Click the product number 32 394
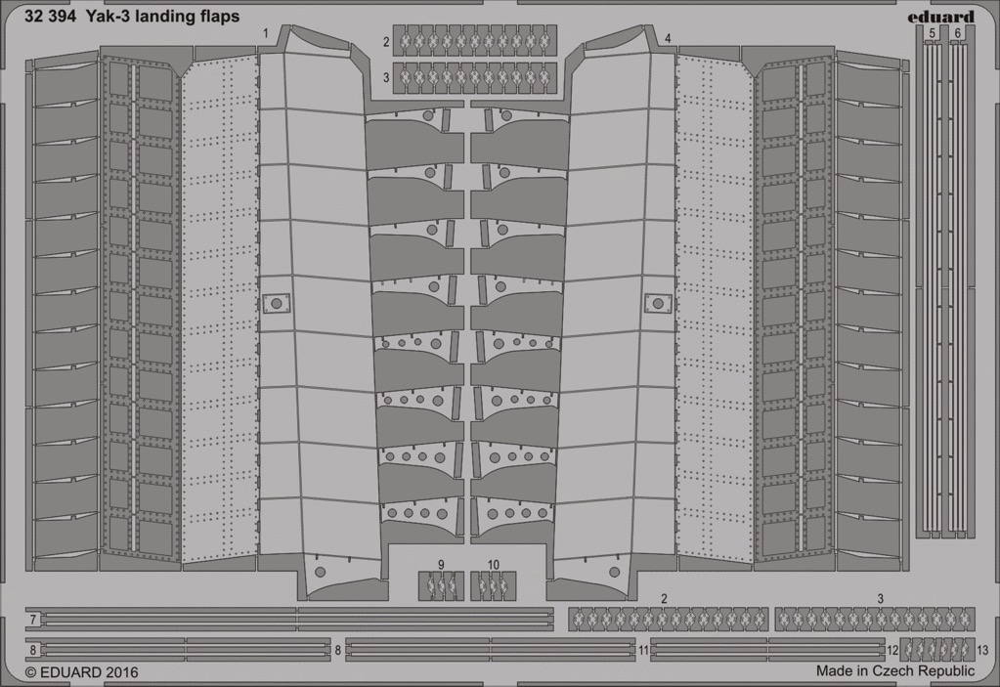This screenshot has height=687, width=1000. pyautogui.click(x=51, y=17)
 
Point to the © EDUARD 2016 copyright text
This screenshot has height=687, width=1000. pyautogui.click(x=82, y=671)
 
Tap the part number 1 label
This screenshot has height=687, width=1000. pyautogui.click(x=265, y=33)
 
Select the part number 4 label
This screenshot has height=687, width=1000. pyautogui.click(x=668, y=39)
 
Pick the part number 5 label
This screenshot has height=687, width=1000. pyautogui.click(x=933, y=33)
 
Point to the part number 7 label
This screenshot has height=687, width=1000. pyautogui.click(x=32, y=620)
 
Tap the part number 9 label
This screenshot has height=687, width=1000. pyautogui.click(x=441, y=565)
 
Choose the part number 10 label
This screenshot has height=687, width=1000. pyautogui.click(x=494, y=565)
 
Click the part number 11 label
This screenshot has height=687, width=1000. pyautogui.click(x=643, y=650)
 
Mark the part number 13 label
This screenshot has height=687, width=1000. pyautogui.click(x=982, y=650)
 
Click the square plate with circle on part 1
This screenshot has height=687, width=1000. pyautogui.click(x=276, y=303)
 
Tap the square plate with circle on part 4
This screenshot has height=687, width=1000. pyautogui.click(x=658, y=303)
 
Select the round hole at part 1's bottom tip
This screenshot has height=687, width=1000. pyautogui.click(x=321, y=573)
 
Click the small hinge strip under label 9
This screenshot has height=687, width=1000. pyautogui.click(x=441, y=585)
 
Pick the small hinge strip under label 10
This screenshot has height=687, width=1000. pyautogui.click(x=494, y=585)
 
